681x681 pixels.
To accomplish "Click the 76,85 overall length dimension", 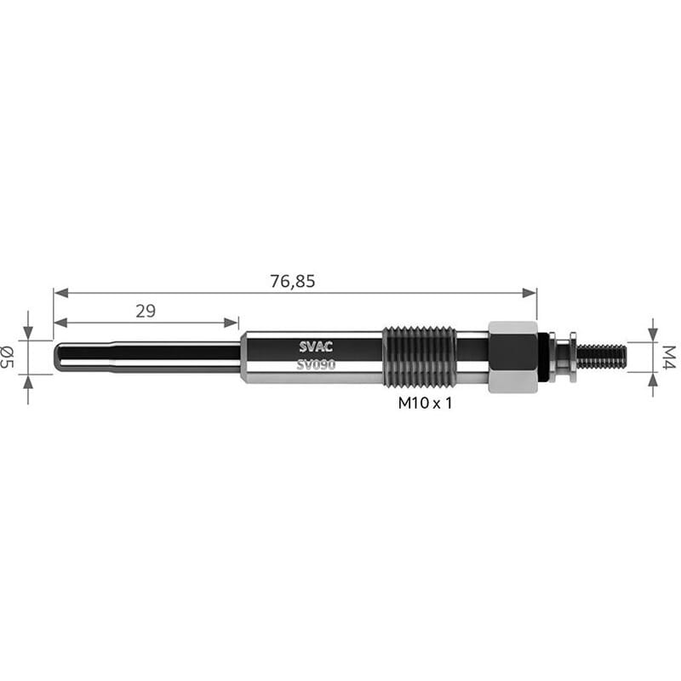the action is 292,282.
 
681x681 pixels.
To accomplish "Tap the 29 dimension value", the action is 146,311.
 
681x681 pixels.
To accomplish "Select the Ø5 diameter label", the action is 8,357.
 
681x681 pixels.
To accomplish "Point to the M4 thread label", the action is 669,357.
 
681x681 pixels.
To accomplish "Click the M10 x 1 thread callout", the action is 425,403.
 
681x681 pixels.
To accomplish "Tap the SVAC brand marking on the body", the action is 316,346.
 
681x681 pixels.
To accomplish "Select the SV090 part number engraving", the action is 316,365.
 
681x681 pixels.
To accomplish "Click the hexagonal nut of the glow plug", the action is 513,357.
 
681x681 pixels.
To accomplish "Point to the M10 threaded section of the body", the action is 420,357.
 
